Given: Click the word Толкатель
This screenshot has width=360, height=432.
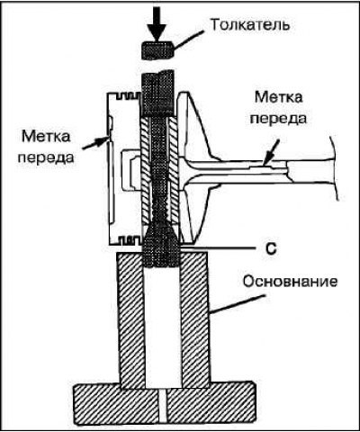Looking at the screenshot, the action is pyautogui.click(x=250, y=25).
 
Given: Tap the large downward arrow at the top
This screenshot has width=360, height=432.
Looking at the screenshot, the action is pyautogui.click(x=157, y=24).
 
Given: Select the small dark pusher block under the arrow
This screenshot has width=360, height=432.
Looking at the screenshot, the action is pyautogui.click(x=157, y=50).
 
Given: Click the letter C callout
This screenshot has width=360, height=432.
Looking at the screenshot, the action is pyautogui.click(x=271, y=249).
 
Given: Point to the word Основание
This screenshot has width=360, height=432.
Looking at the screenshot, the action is pyautogui.click(x=290, y=282).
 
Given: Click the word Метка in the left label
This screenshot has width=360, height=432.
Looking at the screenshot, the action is pyautogui.click(x=46, y=137).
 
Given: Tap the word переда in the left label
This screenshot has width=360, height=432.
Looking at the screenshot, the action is pyautogui.click(x=46, y=157).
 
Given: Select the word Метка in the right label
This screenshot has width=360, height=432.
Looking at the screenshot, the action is pyautogui.click(x=279, y=97).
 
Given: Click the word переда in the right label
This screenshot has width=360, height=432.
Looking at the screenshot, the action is pyautogui.click(x=279, y=118).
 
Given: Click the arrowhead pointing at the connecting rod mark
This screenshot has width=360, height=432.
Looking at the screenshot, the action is pyautogui.click(x=266, y=160).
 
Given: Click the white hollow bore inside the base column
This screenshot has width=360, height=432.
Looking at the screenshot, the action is pyautogui.click(x=163, y=327).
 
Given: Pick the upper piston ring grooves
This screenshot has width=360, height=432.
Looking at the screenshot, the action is pyautogui.click(x=124, y=96).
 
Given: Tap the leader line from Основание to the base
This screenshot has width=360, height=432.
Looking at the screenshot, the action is pyautogui.click(x=238, y=304).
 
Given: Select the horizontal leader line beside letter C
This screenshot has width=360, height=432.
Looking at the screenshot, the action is pyautogui.click(x=219, y=248).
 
